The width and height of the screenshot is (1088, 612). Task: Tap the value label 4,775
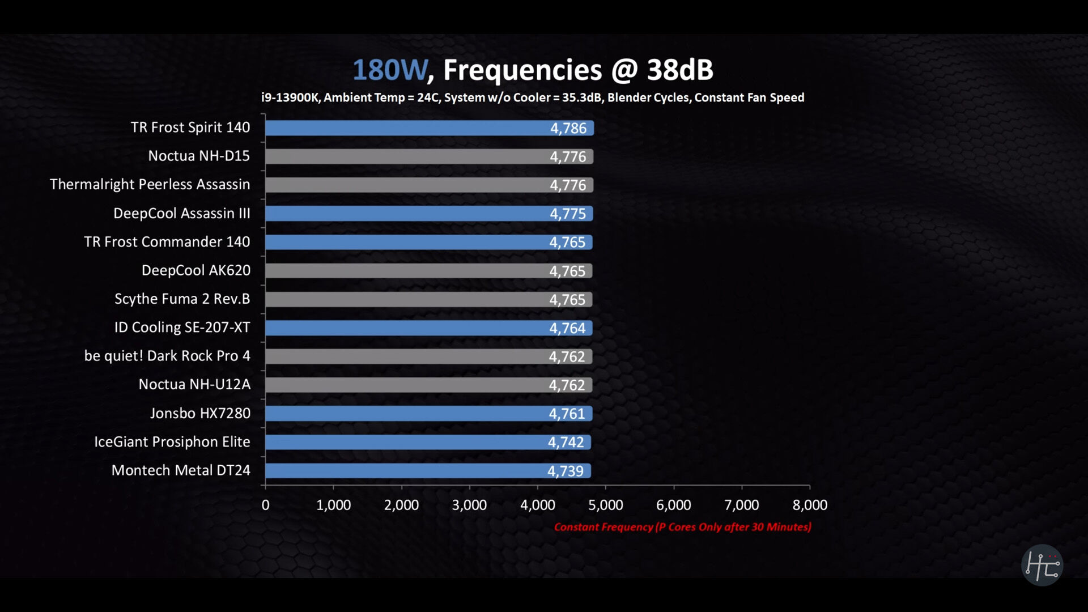[567, 214]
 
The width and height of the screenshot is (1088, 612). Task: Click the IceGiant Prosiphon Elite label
[172, 442]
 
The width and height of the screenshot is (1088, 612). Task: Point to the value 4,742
[566, 443]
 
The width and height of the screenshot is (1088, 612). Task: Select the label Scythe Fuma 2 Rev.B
[182, 299]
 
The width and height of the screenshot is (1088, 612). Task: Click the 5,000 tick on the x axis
[605, 505]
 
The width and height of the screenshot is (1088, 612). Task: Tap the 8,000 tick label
[810, 505]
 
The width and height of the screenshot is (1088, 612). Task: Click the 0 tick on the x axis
[265, 505]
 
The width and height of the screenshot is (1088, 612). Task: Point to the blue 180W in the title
[390, 70]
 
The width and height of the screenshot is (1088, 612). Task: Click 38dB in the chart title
[680, 70]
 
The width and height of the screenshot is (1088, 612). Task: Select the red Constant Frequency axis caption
[682, 527]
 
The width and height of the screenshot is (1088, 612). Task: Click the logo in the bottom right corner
[1042, 565]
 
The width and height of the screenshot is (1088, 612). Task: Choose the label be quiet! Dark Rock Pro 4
[167, 356]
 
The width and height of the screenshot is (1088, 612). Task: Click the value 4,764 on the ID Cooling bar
[567, 328]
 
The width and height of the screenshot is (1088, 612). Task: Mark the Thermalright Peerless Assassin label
[150, 185]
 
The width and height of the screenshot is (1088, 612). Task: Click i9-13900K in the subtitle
[290, 97]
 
